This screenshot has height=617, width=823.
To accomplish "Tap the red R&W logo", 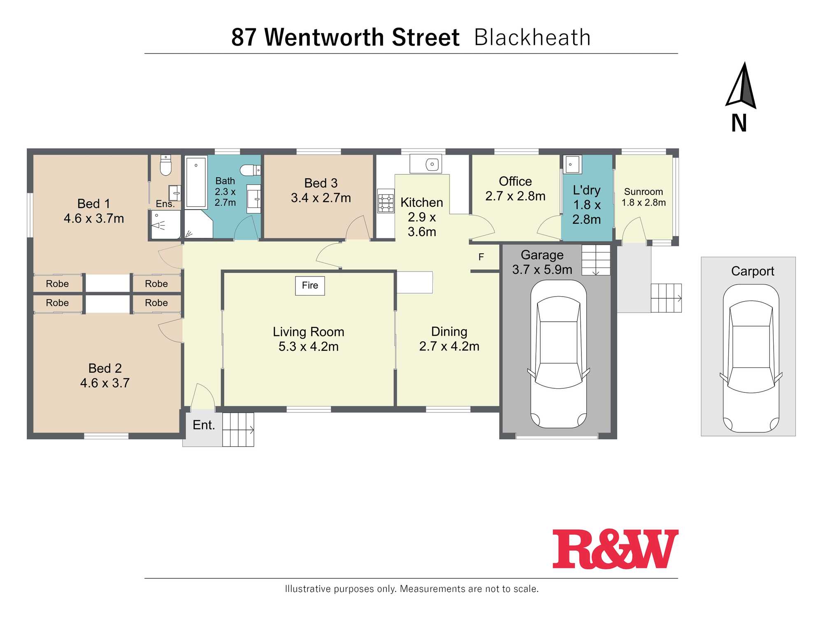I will pyautogui.click(x=615, y=549).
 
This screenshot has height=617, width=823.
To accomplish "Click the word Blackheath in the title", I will pyautogui.click(x=532, y=37).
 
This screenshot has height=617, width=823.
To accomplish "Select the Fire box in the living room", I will pyautogui.click(x=310, y=285).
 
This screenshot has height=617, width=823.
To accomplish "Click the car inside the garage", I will pyautogui.click(x=558, y=354).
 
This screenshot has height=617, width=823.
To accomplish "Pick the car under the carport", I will pyautogui.click(x=751, y=358).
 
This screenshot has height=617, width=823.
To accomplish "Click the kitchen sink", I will pyautogui.click(x=426, y=164).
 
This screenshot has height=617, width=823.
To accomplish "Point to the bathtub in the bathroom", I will pyautogui.click(x=196, y=182).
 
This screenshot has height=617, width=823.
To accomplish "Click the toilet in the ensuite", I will pyautogui.click(x=165, y=165).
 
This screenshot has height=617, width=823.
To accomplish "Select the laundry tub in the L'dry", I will pyautogui.click(x=572, y=165).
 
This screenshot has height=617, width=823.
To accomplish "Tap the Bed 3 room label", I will pyautogui.click(x=321, y=190).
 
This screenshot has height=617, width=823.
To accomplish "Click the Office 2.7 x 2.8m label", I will pyautogui.click(x=515, y=189).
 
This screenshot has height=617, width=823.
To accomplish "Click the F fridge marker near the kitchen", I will pyautogui.click(x=481, y=257).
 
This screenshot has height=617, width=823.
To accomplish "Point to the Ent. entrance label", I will pyautogui.click(x=204, y=425).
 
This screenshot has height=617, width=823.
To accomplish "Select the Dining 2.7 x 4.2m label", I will pyautogui.click(x=449, y=339).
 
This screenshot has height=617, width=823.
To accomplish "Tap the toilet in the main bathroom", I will pyautogui.click(x=250, y=170).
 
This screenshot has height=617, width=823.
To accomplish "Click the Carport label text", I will pyautogui.click(x=752, y=271).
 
